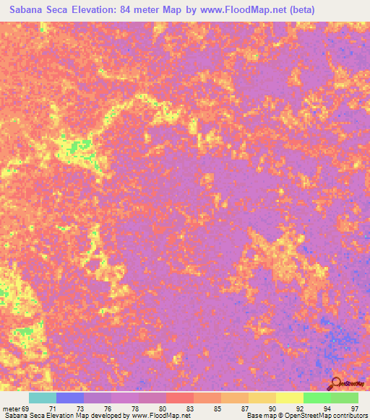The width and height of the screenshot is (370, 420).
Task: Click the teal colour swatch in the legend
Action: click(43, 398)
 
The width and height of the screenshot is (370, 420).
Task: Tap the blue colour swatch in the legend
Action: click(70, 398)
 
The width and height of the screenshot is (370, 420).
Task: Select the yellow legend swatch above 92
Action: click(289, 398)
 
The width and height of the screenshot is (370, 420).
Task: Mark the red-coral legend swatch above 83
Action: click(180, 398)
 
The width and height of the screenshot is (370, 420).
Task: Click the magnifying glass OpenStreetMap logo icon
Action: click(337, 382)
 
